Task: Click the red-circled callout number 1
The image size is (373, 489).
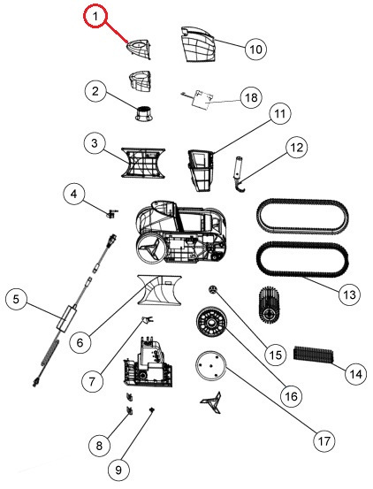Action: pos(95,16)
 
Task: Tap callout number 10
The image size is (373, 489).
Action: pos(255,49)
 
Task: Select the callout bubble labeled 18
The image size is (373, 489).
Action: pos(251,97)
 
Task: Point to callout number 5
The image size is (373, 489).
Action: pos(16,299)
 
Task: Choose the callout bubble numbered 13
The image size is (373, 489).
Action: pos(349,294)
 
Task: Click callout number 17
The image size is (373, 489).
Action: pos(324,441)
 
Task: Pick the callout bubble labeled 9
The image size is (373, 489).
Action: pos(118,470)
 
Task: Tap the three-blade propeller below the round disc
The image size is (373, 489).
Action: pos(211,402)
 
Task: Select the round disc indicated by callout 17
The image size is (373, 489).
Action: pos(211,366)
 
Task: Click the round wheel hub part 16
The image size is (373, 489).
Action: pos(212,322)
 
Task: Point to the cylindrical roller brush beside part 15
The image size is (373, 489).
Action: pos(270,303)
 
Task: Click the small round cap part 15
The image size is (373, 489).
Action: pos(212,289)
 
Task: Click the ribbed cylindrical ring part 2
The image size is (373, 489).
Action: pos(144,113)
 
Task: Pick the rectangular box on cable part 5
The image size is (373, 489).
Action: pos(67,317)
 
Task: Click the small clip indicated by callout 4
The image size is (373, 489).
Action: pos(111,213)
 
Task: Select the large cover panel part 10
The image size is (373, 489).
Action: pos(198,43)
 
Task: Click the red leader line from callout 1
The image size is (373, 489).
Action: pos(116,32)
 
